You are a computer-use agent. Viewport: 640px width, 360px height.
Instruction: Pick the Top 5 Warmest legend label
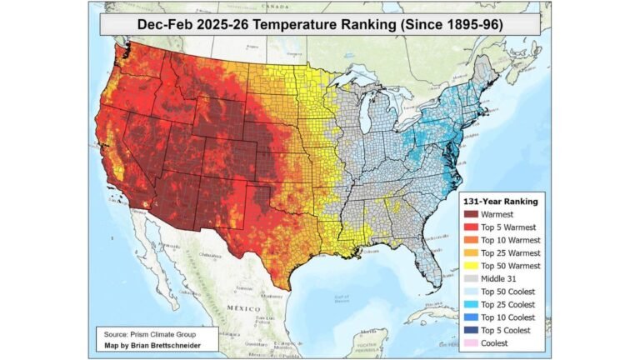pos(507,227)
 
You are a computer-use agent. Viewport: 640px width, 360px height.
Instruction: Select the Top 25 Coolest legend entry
pos(508,303)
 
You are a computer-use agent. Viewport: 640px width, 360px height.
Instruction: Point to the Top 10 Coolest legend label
pos(508,317)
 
